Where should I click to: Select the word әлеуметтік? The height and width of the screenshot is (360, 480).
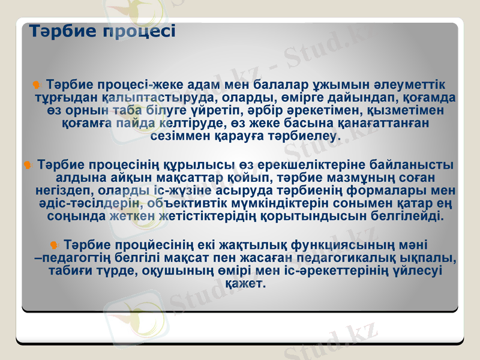click(x=407, y=83)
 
